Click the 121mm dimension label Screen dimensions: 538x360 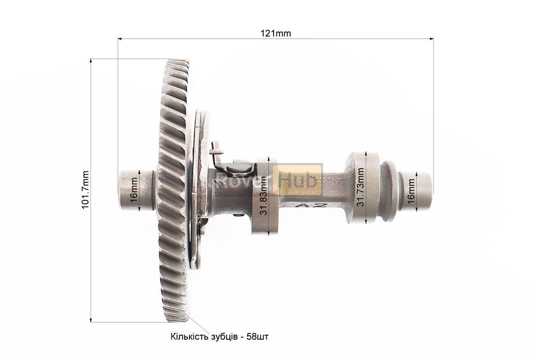(x=275, y=33)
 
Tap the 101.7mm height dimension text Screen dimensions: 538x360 (x=85, y=190)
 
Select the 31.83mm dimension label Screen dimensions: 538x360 (x=264, y=196)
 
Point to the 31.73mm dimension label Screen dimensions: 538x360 (x=360, y=187)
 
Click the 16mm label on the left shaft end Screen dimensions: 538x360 (x=134, y=189)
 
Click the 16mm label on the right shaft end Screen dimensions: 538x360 (x=411, y=192)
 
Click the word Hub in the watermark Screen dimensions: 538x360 (x=297, y=180)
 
